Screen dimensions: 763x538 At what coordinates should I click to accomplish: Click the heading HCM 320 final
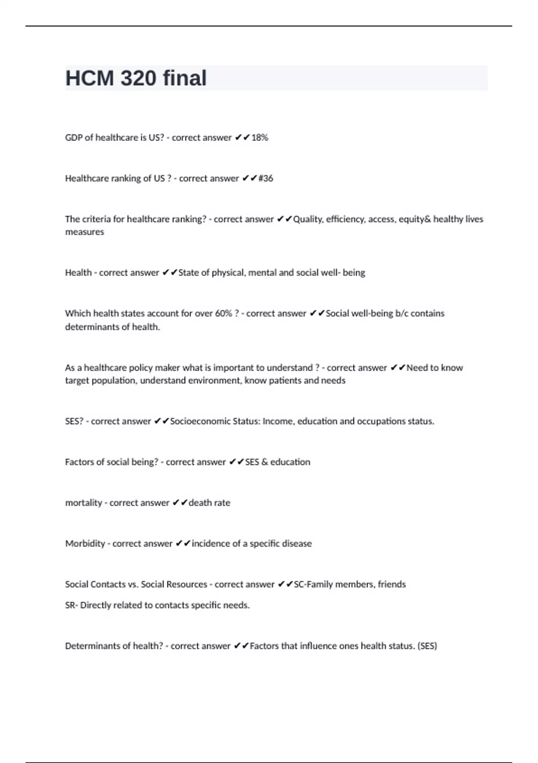point(136,78)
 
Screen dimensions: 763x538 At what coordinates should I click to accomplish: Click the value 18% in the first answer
point(260,138)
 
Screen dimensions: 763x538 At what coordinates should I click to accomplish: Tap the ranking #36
point(266,179)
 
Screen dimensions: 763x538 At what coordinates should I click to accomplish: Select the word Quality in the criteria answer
point(307,219)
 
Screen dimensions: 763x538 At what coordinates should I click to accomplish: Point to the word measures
point(84,232)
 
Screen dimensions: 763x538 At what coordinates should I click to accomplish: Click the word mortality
point(83,503)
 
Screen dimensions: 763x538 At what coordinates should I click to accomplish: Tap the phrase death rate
point(209,503)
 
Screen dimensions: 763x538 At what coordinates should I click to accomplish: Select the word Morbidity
point(85,544)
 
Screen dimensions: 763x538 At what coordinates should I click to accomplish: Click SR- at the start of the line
point(71,605)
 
